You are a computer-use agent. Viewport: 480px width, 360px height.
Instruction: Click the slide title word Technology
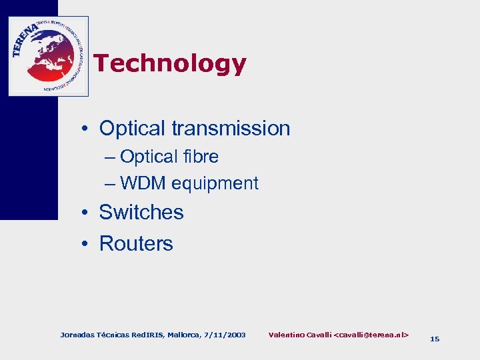click(170, 64)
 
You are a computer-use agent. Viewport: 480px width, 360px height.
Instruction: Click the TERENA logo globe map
click(50, 57)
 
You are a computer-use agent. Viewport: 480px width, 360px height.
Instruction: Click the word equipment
click(215, 183)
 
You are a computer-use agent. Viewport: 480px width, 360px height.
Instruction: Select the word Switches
click(141, 212)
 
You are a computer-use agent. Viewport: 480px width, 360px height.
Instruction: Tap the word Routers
click(136, 243)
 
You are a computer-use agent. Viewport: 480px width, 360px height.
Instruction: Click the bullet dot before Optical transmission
click(87, 129)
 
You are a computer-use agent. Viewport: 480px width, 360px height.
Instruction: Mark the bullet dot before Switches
click(87, 213)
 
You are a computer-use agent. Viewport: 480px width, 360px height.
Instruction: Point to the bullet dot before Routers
click(87, 244)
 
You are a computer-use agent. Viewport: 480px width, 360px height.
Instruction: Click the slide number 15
click(435, 339)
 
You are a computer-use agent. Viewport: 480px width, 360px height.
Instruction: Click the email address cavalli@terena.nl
click(373, 334)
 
